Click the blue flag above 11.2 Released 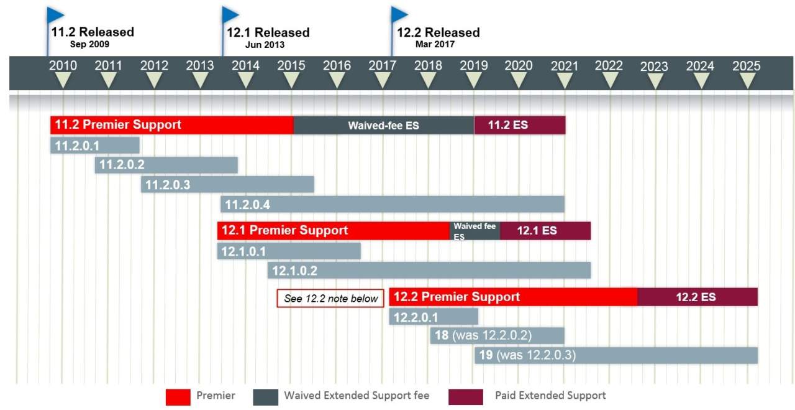coord(55,14)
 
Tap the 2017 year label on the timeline coord(383,65)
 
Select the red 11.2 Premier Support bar coord(172,124)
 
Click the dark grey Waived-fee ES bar coord(383,125)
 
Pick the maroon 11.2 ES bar coord(519,125)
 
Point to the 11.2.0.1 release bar coord(95,146)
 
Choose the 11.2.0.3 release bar coord(227,185)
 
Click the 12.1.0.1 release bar coord(289,251)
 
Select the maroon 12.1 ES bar coord(545,230)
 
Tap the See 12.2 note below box coord(330,299)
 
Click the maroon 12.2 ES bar coord(697,297)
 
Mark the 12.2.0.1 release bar coord(434,317)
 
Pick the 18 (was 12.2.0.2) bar coord(497,336)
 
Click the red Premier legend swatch coord(177,396)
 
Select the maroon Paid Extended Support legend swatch coord(465,396)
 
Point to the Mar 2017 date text coord(435,44)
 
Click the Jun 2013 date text coord(265,44)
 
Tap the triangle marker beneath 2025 coord(747,80)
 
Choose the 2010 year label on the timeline coord(63,65)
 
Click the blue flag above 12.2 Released coord(399,14)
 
